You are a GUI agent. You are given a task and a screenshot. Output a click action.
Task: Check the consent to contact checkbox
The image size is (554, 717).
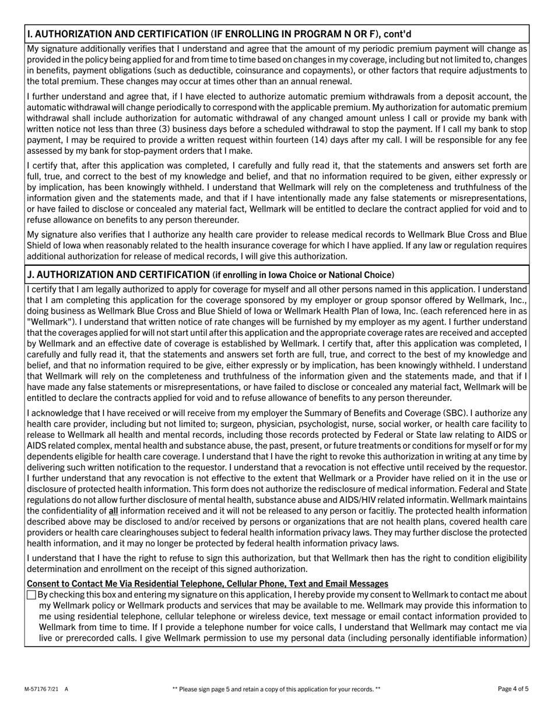31,595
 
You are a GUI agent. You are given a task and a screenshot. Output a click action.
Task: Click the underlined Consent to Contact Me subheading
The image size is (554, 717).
207,584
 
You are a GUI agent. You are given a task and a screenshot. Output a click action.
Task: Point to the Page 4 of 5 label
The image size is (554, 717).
513,689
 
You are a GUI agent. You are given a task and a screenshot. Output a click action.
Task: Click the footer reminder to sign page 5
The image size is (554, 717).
276,689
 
